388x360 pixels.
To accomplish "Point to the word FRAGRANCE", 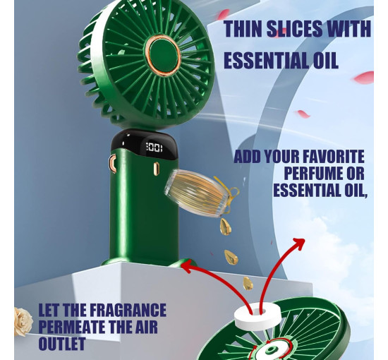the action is coord(128,310).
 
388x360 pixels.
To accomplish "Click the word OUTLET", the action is coord(62,344).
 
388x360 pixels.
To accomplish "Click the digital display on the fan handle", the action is coord(154,148).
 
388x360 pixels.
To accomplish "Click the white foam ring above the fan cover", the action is coord(257,314).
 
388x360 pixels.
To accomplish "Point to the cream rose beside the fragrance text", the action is coord(23,321).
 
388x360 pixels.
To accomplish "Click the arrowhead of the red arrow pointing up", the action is coord(299,244).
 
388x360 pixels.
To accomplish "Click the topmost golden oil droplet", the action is coord(226,227).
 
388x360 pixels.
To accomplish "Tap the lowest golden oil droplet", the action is coord(248,284).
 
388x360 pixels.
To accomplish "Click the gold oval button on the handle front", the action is coord(156,169).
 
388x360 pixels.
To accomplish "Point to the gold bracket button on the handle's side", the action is coord(113,163).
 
